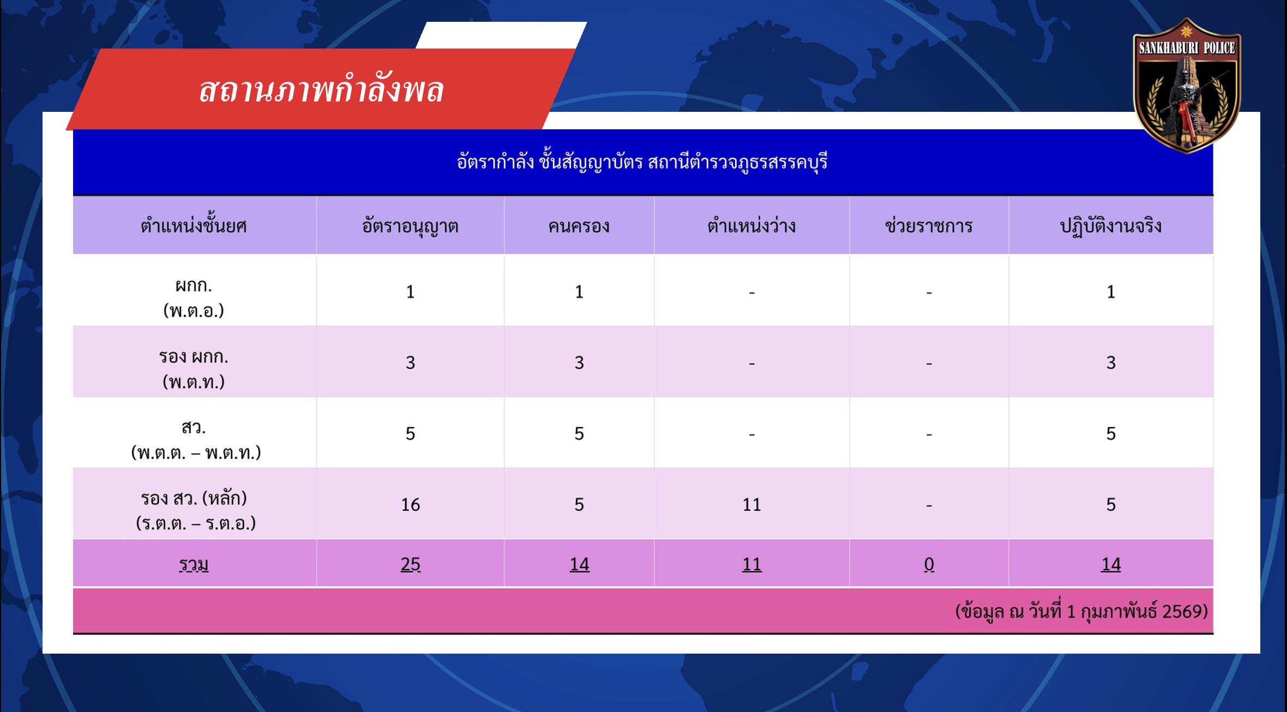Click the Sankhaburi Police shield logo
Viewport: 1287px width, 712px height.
[x=1187, y=86]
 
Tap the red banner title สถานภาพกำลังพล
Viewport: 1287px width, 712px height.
[x=321, y=90]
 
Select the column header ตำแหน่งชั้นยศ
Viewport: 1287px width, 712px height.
[x=194, y=225]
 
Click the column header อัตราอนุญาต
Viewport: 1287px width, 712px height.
[x=410, y=226]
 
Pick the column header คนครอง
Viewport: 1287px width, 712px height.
[x=579, y=226]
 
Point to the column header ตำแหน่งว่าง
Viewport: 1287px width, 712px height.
[x=751, y=225]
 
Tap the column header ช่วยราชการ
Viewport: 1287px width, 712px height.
[x=929, y=225]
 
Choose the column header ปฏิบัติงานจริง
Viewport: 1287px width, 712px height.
[x=1110, y=226]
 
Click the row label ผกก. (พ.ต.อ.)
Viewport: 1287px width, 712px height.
[x=194, y=297]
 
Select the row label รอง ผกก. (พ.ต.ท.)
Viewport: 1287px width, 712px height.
[x=194, y=369]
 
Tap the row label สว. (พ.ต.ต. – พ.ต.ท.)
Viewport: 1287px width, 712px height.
[x=196, y=440]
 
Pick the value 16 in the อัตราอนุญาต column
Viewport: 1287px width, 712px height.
[x=411, y=505]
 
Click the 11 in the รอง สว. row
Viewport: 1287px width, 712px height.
[x=751, y=505]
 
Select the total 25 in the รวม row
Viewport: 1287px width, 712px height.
[x=411, y=564]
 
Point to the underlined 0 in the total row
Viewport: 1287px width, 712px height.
[x=929, y=564]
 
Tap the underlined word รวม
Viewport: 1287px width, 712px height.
[x=194, y=564]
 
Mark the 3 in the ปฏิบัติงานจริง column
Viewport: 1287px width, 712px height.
[x=1111, y=363]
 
